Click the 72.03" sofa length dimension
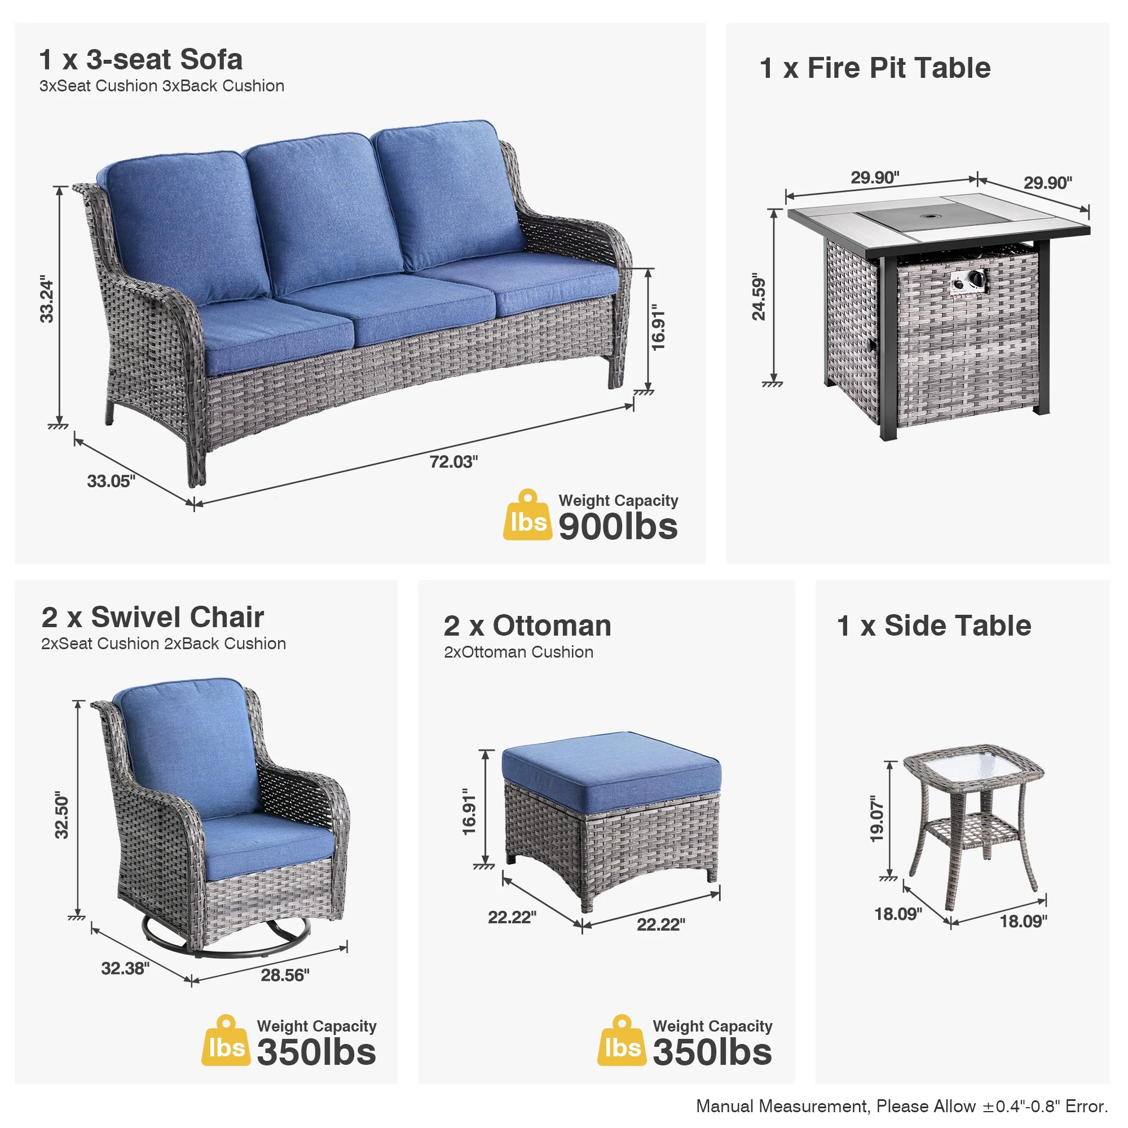[x=453, y=462]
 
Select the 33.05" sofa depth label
[x=111, y=481]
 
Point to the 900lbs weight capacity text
[x=618, y=526]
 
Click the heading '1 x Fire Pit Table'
[x=875, y=68]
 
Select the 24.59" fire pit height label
[x=759, y=296]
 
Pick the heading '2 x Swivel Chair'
[x=152, y=616]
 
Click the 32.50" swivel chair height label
[x=62, y=816]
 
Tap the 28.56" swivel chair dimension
[x=285, y=975]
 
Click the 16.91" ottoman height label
[x=469, y=811]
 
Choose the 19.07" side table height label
[x=877, y=818]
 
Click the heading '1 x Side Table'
[x=934, y=625]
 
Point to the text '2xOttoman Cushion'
[x=518, y=651]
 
